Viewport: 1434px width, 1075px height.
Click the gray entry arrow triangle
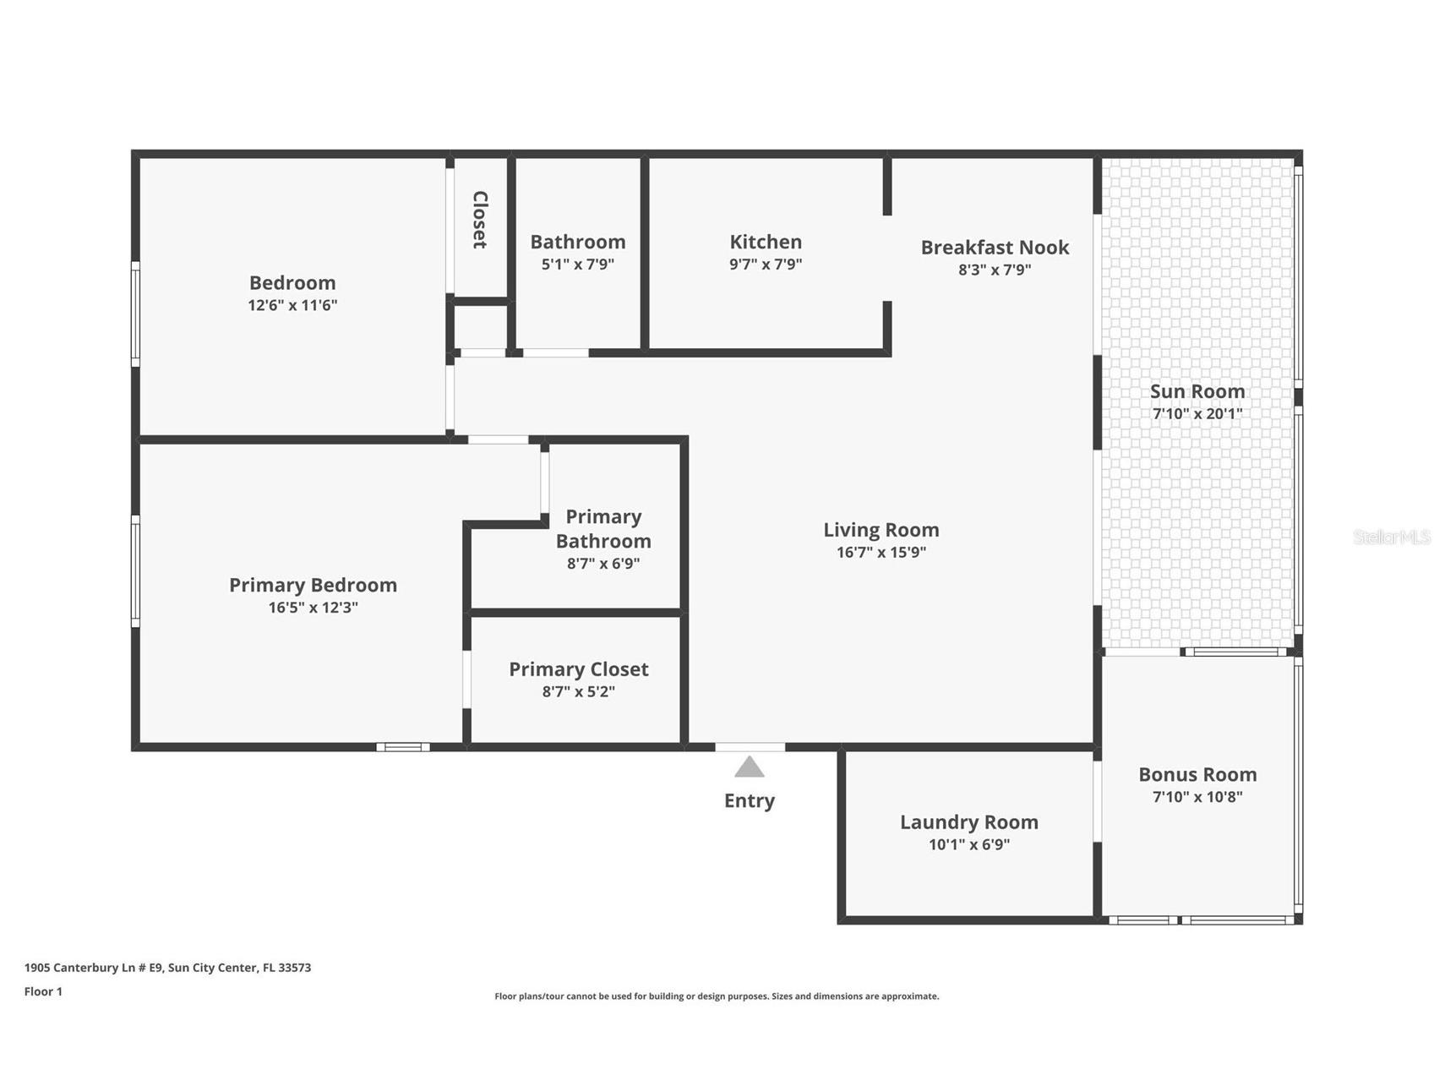749,767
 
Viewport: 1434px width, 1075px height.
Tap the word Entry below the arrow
749,800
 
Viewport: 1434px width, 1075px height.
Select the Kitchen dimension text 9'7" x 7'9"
766,265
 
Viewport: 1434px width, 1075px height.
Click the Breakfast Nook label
995,248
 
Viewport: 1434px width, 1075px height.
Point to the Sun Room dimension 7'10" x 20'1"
1197,414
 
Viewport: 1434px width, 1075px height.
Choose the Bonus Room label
1197,774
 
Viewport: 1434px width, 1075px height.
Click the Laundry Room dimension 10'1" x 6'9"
968,844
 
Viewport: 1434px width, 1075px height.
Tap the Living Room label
881,530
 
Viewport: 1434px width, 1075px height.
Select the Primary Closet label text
578,669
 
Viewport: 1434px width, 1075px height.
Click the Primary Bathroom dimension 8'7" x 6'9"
602,564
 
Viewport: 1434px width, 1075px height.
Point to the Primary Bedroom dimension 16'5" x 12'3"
313,608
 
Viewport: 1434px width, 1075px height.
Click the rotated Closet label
480,220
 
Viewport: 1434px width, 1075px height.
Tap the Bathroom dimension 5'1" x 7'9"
577,265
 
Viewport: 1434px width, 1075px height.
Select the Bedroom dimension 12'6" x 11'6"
292,305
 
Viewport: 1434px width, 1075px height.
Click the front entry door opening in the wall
750,747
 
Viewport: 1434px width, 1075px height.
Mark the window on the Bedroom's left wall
135,314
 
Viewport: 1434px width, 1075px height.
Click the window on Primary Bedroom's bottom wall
403,747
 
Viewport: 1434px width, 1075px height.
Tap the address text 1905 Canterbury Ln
167,968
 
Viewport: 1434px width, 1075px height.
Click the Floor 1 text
43,991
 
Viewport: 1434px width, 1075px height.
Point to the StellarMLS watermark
1391,537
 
